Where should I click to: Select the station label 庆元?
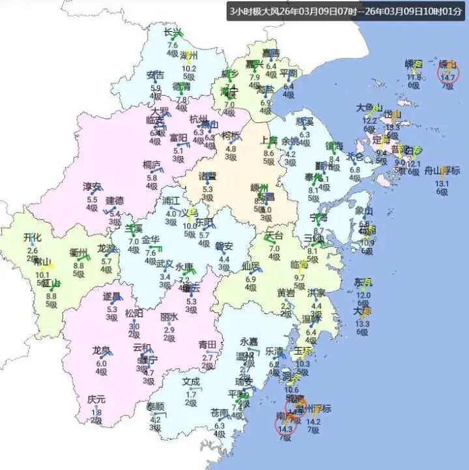click(96, 400)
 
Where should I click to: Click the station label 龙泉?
click(101, 350)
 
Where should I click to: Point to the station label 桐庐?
click(152, 165)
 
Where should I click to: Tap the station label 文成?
click(191, 381)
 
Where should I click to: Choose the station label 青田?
click(208, 344)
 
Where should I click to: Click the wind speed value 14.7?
click(448, 77)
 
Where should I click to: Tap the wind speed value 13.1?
click(442, 183)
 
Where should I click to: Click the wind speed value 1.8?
click(96, 411)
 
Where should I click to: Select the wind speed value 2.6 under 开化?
click(32, 251)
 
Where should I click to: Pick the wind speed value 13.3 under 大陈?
click(362, 324)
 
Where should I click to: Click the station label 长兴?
click(172, 33)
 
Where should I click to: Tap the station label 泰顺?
click(155, 407)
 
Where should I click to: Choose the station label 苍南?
click(220, 413)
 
